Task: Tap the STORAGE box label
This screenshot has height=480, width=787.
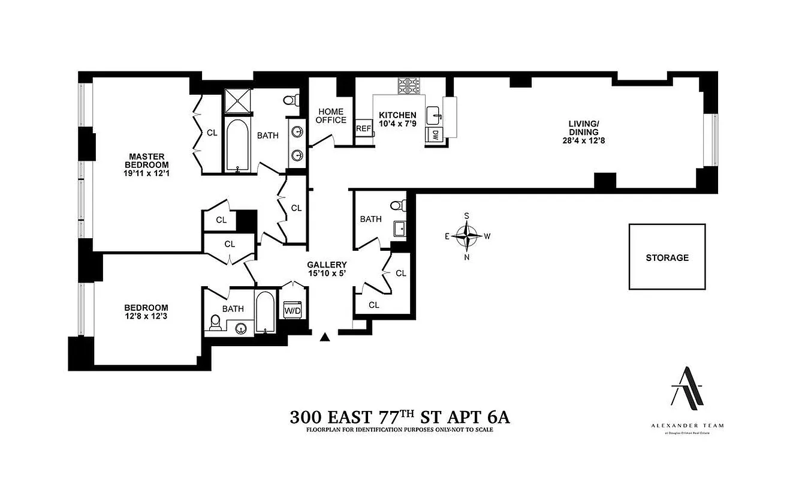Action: coord(667,257)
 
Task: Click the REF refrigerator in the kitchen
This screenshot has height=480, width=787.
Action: coord(363,128)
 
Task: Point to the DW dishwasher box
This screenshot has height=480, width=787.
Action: coord(433,135)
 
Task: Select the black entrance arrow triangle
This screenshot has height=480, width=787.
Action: coord(325,337)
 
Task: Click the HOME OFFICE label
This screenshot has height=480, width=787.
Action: coord(331,116)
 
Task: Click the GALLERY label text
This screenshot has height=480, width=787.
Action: coord(327,265)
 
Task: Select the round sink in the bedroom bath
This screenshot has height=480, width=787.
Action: coord(242,328)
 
